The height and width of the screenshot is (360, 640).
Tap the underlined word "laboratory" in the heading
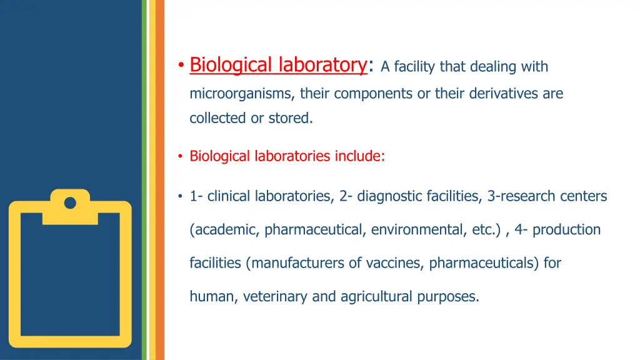click(x=322, y=65)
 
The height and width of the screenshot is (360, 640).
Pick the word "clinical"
click(x=229, y=196)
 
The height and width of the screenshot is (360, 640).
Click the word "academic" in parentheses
click(x=226, y=230)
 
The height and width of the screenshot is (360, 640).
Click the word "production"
click(x=566, y=230)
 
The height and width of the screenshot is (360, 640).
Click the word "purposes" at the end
click(x=451, y=297)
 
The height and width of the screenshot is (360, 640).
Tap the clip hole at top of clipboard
click(x=70, y=202)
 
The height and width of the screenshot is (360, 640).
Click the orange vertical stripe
click(x=159, y=180)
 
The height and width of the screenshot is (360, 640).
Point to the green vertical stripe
click(x=144, y=180)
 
